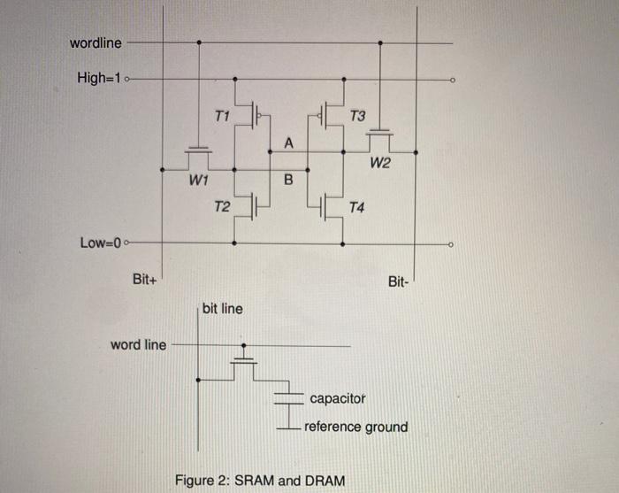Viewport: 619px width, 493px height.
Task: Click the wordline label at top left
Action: pyautogui.click(x=96, y=42)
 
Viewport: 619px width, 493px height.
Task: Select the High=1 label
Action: pyautogui.click(x=100, y=78)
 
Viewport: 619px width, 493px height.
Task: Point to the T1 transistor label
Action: pyautogui.click(x=222, y=116)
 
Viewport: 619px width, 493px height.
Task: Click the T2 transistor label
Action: pyautogui.click(x=222, y=207)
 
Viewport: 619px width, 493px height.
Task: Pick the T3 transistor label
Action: pyautogui.click(x=357, y=116)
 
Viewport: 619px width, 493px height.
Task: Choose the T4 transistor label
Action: pyautogui.click(x=357, y=208)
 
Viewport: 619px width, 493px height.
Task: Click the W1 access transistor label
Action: pyautogui.click(x=198, y=181)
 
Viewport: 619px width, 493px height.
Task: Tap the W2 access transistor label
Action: pyautogui.click(x=380, y=163)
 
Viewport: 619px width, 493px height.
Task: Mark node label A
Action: pyautogui.click(x=287, y=143)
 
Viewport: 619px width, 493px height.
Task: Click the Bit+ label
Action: pyautogui.click(x=145, y=280)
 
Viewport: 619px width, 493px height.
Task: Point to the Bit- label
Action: pyautogui.click(x=399, y=282)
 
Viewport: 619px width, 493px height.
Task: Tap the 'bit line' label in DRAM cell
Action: pyautogui.click(x=222, y=309)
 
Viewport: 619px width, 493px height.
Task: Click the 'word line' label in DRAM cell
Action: pyautogui.click(x=138, y=344)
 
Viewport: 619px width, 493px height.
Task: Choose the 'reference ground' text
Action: pyautogui.click(x=356, y=427)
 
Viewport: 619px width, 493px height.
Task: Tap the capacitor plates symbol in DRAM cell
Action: pyautogui.click(x=287, y=398)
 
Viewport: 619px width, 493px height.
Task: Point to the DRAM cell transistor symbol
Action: pyautogui.click(x=244, y=362)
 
